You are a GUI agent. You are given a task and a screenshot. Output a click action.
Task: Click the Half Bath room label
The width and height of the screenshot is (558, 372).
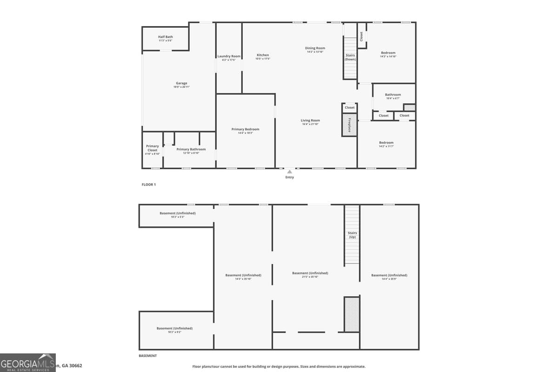pyautogui.click(x=165, y=37)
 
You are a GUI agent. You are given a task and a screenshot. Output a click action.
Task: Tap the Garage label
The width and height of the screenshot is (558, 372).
pyautogui.click(x=181, y=84)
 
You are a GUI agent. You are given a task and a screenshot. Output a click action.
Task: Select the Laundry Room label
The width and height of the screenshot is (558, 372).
pyautogui.click(x=229, y=57)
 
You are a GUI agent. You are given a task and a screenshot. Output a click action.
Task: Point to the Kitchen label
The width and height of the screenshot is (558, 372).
pyautogui.click(x=263, y=55)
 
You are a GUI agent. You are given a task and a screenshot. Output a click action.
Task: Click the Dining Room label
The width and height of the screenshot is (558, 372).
pyautogui.click(x=315, y=48)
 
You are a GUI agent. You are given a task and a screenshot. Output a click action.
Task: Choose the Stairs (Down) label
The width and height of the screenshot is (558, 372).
pyautogui.click(x=350, y=57)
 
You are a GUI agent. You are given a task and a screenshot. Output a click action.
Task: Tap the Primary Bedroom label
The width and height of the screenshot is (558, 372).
pyautogui.click(x=245, y=129)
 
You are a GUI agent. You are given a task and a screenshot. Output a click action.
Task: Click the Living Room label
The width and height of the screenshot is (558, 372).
pyautogui.click(x=310, y=121)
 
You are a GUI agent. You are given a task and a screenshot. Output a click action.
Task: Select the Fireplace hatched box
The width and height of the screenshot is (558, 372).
pyautogui.click(x=349, y=125)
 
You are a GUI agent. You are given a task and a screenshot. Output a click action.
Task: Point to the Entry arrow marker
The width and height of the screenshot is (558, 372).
pyautogui.click(x=290, y=172)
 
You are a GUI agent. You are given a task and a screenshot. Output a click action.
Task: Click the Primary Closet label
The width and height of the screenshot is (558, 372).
pyautogui.click(x=153, y=148)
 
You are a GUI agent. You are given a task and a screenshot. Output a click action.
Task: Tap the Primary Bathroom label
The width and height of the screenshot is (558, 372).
pyautogui.click(x=191, y=150)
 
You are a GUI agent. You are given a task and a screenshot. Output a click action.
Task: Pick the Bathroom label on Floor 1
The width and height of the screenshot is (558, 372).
pyautogui.click(x=392, y=95)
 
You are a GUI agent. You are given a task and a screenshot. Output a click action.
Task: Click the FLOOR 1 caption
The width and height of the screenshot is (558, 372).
pyautogui.click(x=149, y=185)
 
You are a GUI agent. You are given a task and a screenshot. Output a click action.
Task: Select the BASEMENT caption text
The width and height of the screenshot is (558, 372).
pyautogui.click(x=148, y=356)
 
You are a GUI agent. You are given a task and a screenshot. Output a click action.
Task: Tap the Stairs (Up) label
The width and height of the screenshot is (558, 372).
pyautogui.click(x=352, y=235)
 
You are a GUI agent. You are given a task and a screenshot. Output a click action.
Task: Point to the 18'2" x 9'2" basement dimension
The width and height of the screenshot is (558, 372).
pyautogui.click(x=174, y=332)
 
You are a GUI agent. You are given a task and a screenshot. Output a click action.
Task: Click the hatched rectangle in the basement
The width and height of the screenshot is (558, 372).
pyautogui.click(x=352, y=314)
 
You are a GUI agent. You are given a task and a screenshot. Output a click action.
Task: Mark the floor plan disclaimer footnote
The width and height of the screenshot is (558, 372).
pyautogui.click(x=279, y=366)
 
